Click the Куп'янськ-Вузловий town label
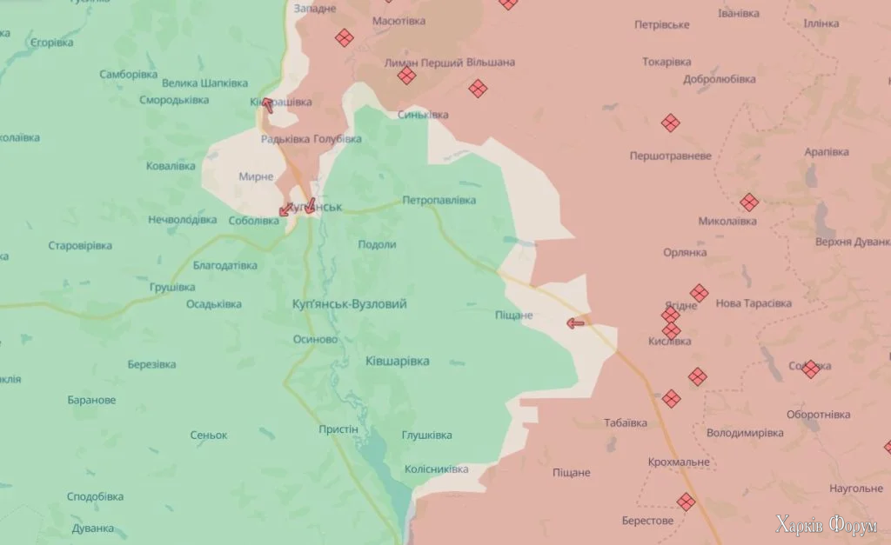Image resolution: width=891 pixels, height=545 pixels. click(350, 304)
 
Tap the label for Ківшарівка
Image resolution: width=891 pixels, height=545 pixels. click(397, 361)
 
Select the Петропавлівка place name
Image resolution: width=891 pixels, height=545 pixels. click(439, 201)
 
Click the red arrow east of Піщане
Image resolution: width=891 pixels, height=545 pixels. click(575, 323)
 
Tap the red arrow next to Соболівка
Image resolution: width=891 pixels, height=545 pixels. click(285, 209)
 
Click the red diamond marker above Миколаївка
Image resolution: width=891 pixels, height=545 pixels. click(749, 202)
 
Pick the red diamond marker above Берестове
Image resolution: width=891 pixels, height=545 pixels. click(687, 502)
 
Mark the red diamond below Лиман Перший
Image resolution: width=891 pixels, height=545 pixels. click(406, 76)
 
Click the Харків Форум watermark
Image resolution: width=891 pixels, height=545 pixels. click(827, 525)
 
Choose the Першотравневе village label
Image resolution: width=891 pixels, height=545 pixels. click(671, 156)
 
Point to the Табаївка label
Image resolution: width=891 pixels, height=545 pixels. click(626, 423)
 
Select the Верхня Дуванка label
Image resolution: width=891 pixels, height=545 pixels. click(853, 242)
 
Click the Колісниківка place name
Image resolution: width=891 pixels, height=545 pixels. click(436, 469)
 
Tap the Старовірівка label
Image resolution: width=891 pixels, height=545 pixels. click(80, 246)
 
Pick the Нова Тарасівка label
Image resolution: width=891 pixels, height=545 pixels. click(754, 303)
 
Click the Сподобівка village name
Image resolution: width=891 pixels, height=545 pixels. click(95, 496)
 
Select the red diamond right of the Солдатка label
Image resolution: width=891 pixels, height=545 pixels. click(811, 369)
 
